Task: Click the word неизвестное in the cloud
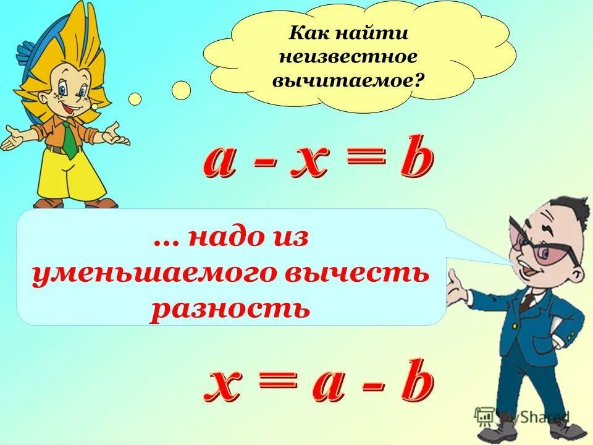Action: pyautogui.click(x=349, y=57)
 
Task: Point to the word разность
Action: pyautogui.click(x=229, y=307)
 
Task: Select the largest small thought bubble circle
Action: pyautogui.click(x=181, y=90)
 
